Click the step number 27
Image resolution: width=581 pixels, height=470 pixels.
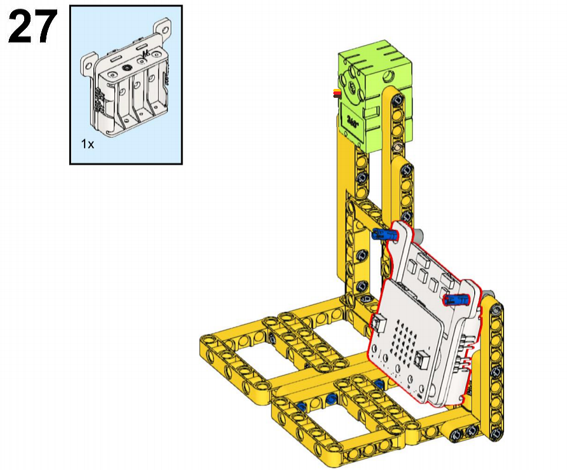[x=32, y=26]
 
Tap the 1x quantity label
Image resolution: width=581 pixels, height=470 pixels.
[x=88, y=144]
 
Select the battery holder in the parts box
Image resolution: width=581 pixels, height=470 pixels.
[x=126, y=78]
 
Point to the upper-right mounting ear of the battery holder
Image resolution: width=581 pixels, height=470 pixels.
[x=163, y=28]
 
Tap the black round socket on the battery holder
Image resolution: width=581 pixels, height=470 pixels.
[x=127, y=68]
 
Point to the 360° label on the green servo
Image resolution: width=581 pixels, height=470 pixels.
[x=352, y=121]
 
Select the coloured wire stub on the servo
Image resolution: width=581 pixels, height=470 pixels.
[x=337, y=93]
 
